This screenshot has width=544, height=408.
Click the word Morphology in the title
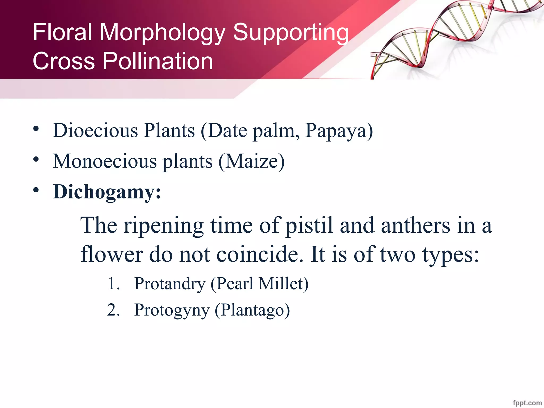pos(162,32)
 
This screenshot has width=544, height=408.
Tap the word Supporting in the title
pos(291,32)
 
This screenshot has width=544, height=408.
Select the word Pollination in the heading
pos(158,61)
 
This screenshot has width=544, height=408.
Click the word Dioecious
pos(95,130)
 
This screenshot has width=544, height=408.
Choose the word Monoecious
pos(105,161)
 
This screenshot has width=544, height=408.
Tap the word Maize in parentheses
pos(251,161)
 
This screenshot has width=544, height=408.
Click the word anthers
pos(415,225)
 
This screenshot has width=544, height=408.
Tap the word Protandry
pos(170,284)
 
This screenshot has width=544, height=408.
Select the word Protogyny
pos(172,310)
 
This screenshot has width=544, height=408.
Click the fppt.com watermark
pos(527,403)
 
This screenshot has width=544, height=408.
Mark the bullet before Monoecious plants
pos(36,160)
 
